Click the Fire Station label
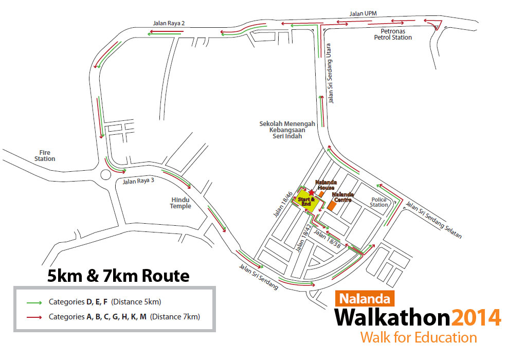(x=45, y=155)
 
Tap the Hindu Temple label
(x=180, y=203)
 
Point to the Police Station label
(x=379, y=202)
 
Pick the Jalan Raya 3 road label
(x=138, y=181)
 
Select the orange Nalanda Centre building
(x=332, y=205)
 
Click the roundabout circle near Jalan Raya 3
(x=106, y=174)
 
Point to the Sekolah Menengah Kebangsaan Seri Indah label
(x=287, y=130)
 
